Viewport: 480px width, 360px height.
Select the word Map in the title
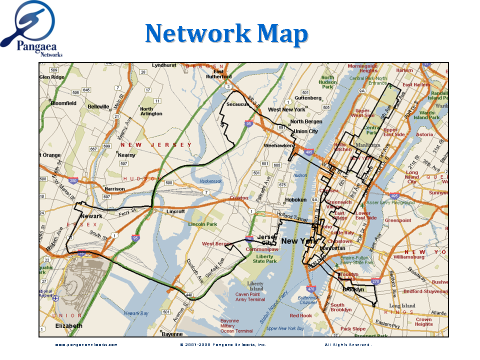[x=283, y=34]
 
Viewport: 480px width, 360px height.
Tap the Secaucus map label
[x=237, y=105]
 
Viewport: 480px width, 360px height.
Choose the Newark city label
[x=91, y=216]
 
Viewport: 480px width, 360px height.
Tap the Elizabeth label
[x=68, y=326]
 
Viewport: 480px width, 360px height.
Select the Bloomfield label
[x=64, y=103]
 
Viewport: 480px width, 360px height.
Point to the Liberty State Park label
[x=264, y=259]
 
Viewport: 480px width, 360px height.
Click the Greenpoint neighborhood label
[x=397, y=220]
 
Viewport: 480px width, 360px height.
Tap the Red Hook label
[x=300, y=315]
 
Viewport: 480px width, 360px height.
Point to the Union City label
[x=305, y=131]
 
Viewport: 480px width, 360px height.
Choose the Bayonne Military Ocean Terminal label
[x=236, y=325]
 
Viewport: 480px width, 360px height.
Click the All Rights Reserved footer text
[x=348, y=344]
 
